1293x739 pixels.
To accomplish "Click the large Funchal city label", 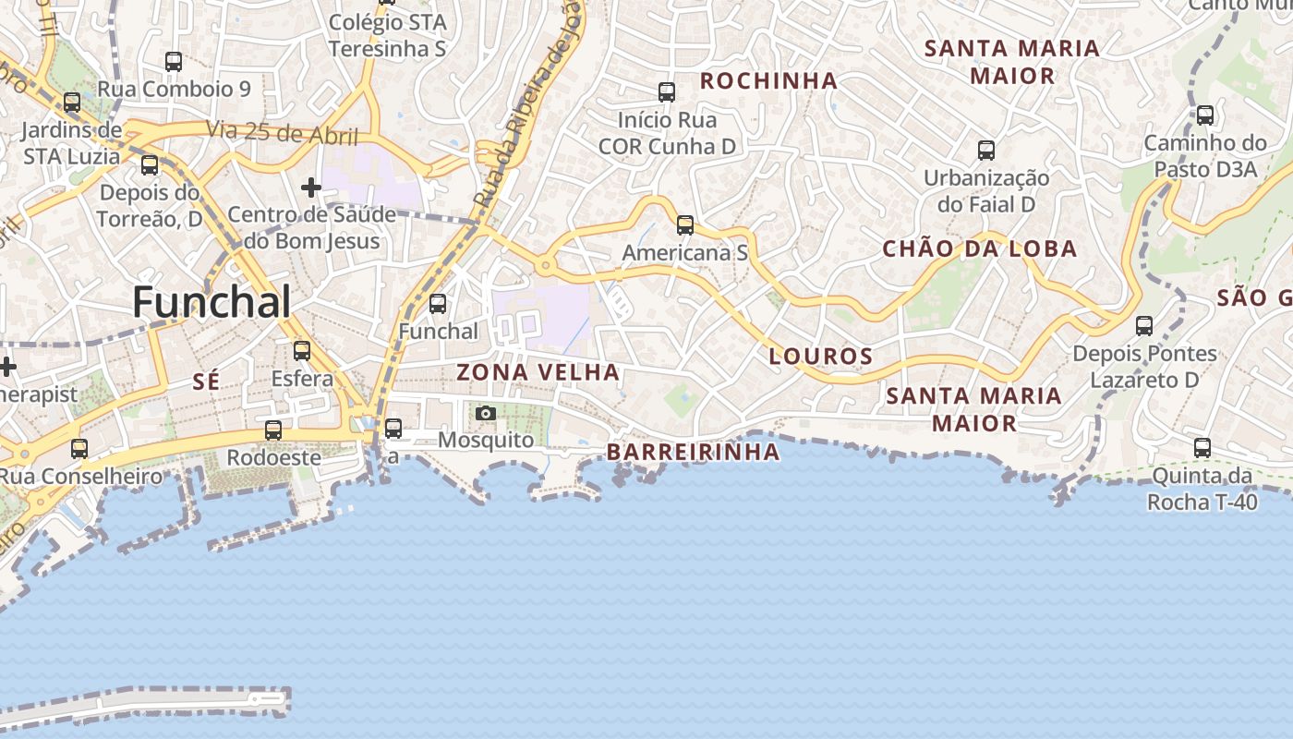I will tap(211, 302).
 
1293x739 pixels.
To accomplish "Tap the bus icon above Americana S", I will tap(684, 225).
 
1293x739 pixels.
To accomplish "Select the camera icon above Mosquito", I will tap(486, 413).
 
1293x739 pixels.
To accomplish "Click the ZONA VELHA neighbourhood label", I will tap(538, 372).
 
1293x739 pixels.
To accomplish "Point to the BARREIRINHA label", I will tap(693, 452).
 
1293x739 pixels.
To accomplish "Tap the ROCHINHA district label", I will tap(768, 81).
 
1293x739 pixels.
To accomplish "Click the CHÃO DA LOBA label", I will tap(980, 248).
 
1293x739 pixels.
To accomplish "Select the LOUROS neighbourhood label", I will tap(821, 356).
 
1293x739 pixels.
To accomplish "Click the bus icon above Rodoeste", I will tap(273, 430).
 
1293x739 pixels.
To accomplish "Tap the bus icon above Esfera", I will tap(302, 351).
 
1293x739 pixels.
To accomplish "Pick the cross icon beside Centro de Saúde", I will tap(311, 188).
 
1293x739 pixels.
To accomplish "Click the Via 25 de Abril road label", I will tap(282, 133).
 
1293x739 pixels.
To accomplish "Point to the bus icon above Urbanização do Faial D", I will tap(986, 150).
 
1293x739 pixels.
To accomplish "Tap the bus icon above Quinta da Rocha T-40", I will tap(1202, 448).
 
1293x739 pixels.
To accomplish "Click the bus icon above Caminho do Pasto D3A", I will tap(1205, 115).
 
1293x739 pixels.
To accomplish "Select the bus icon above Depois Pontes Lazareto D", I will tap(1144, 326).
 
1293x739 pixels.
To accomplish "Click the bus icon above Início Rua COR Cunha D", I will tap(667, 92).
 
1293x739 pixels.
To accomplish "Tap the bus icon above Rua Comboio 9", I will tap(174, 62).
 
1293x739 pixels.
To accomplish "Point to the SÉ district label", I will tap(206, 381).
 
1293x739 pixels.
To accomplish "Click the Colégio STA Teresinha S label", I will tap(388, 35).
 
